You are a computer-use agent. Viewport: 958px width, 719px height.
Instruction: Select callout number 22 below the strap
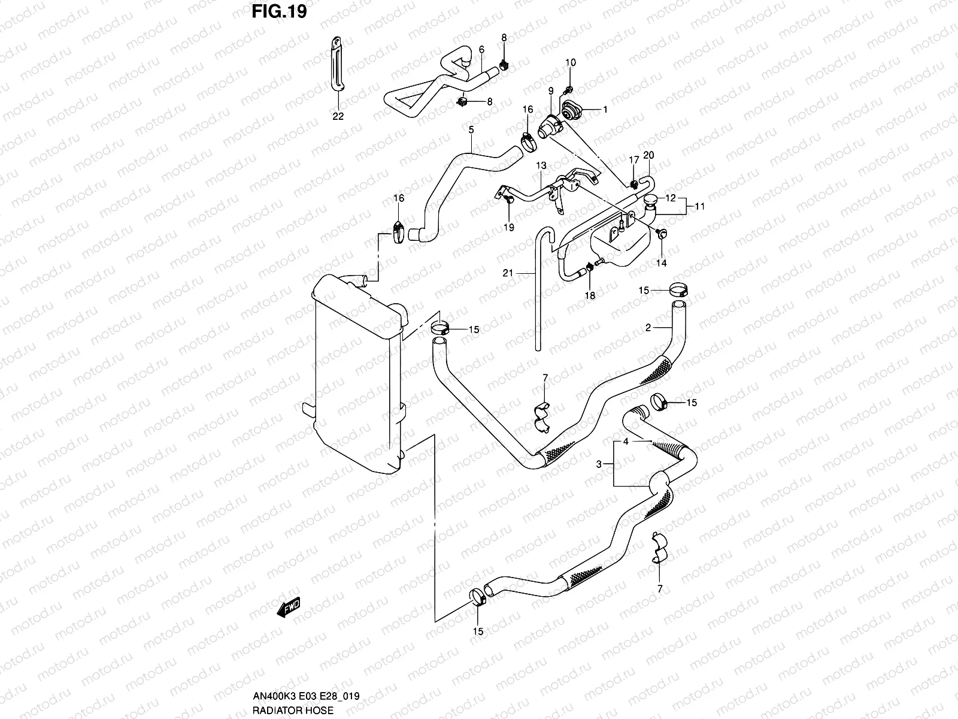(x=338, y=116)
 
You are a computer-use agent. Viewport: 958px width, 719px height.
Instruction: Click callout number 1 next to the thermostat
(x=605, y=110)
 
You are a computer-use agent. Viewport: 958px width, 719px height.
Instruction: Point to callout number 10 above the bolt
(x=570, y=62)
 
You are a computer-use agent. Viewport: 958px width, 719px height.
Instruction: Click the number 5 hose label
(x=471, y=129)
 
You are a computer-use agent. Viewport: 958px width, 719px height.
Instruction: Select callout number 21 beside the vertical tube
(x=508, y=273)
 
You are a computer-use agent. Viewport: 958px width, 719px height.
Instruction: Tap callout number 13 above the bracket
(x=541, y=165)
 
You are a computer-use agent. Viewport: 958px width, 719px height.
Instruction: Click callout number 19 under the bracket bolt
(x=509, y=228)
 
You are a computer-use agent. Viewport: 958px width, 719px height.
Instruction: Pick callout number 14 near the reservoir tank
(x=661, y=262)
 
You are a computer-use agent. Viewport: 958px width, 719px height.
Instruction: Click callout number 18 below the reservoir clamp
(x=590, y=295)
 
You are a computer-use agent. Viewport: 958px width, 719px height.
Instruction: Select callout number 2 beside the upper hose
(x=648, y=327)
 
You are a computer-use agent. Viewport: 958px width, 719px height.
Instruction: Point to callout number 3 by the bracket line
(x=599, y=464)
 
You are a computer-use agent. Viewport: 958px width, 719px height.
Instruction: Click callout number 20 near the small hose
(x=648, y=155)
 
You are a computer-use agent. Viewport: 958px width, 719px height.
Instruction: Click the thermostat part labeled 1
(x=571, y=111)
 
